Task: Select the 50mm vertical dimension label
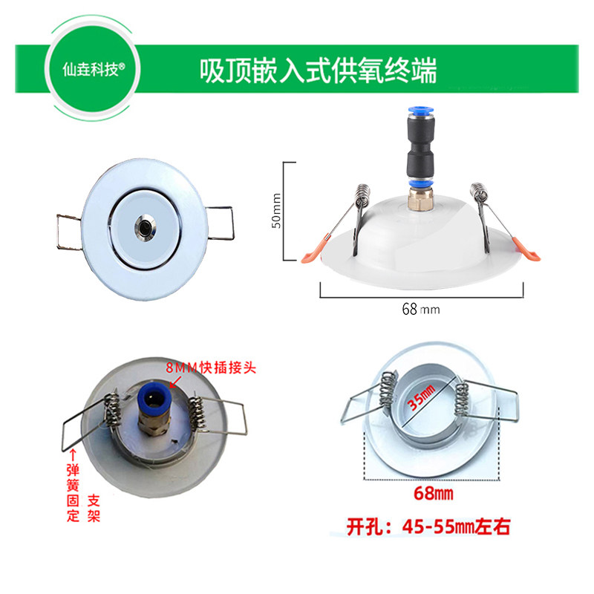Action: coord(275,212)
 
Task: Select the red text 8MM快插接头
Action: coord(211,368)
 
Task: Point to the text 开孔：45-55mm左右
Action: coord(428,528)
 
